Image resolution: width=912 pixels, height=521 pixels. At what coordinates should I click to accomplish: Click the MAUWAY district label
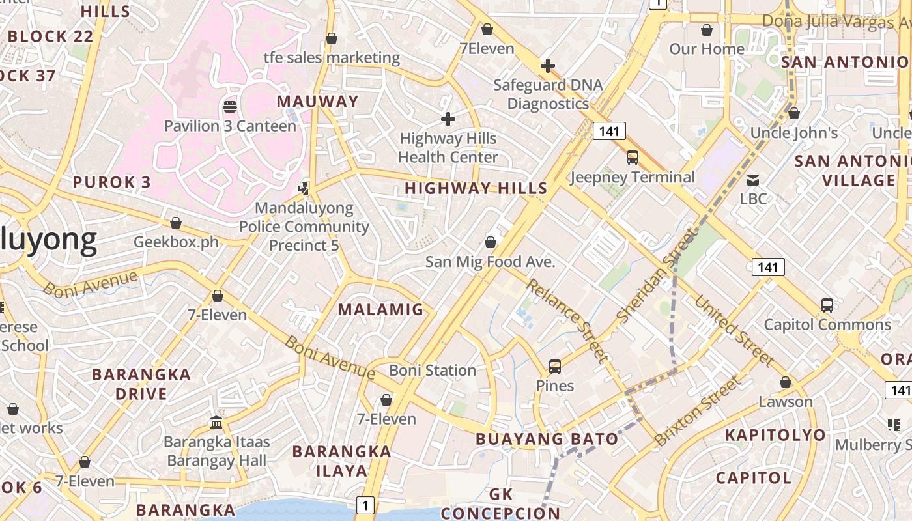[317, 102]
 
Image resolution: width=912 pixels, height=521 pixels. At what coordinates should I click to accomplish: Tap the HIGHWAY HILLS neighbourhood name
[476, 188]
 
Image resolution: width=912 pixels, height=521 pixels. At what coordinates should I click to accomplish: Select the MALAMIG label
[380, 309]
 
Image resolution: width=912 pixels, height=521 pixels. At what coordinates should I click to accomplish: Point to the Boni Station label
[433, 371]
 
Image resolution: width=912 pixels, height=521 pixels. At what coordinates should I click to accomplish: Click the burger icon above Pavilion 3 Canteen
[229, 106]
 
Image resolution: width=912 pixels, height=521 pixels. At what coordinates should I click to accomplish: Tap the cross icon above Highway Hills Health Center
[448, 119]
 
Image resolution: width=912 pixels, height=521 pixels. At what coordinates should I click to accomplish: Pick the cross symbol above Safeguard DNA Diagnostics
[547, 66]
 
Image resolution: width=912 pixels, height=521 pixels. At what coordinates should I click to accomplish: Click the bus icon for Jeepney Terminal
[632, 157]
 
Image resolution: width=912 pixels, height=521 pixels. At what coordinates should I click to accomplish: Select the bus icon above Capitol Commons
[827, 305]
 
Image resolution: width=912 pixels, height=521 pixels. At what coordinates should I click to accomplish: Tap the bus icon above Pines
[554, 366]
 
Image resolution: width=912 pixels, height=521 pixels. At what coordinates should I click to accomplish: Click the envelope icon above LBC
[753, 180]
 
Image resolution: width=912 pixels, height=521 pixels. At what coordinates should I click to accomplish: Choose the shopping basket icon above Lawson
[786, 382]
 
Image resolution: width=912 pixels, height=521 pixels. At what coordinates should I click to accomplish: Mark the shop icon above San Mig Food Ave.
[490, 243]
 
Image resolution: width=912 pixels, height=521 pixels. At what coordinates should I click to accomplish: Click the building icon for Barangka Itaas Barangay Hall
[216, 423]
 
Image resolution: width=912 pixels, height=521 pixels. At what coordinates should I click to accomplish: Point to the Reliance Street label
[567, 320]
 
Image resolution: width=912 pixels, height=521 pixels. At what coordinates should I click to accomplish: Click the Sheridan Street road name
[657, 275]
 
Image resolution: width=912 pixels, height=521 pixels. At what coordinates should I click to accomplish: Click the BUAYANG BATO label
[547, 439]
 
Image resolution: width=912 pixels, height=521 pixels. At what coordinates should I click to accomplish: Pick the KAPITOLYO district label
[775, 435]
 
